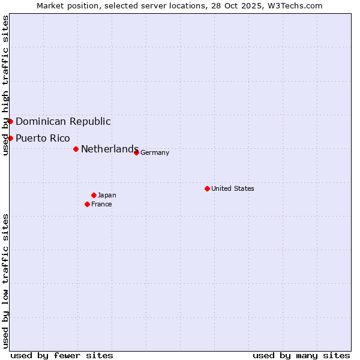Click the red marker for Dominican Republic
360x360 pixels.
click(10, 121)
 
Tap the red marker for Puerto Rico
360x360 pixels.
click(10, 138)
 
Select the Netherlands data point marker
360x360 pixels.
click(76, 149)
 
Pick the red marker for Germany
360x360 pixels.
click(136, 152)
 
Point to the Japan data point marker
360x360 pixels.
click(94, 195)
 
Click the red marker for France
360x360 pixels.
click(87, 204)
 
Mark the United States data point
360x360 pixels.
click(207, 188)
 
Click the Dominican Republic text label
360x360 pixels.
click(63, 121)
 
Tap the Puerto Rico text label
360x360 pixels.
click(43, 138)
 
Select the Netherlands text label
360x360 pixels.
click(109, 149)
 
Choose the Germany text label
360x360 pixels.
click(155, 152)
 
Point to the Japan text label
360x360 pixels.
click(107, 195)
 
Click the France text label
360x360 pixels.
click(101, 204)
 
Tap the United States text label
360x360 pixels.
click(233, 188)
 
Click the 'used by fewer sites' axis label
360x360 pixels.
click(62, 355)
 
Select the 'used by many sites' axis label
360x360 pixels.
click(301, 355)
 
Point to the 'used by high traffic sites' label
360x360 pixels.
click(5, 85)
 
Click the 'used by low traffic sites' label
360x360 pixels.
click(5, 281)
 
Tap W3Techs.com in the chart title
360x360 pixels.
click(296, 5)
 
